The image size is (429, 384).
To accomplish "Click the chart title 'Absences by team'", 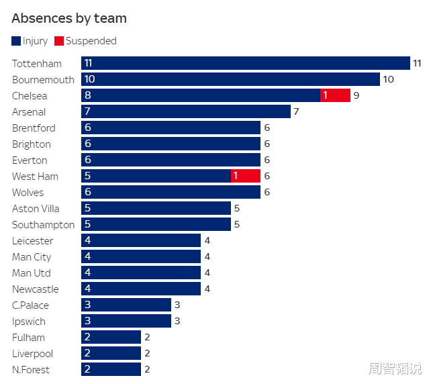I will tap(69, 18).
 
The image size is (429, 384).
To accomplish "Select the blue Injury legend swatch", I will tap(17, 41).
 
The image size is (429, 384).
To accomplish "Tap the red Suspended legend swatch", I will tap(59, 41).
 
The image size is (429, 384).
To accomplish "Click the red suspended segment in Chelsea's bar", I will tap(335, 95).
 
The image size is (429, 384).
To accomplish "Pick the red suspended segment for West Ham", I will tap(245, 176).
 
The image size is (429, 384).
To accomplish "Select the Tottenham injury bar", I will tap(245, 63).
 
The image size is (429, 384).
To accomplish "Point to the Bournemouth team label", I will tap(43, 79).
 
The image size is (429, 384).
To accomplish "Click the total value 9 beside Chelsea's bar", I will tap(356, 95).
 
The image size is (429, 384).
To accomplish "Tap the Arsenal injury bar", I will tap(186, 111).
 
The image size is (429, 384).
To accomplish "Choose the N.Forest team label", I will tap(31, 369).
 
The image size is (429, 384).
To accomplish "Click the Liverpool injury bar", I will tap(111, 353).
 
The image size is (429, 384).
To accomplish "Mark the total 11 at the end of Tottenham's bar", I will tap(417, 63).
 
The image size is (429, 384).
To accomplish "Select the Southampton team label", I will tap(43, 224).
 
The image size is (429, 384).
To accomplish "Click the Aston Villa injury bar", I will tap(156, 208).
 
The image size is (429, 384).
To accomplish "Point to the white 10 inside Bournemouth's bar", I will tap(89, 79).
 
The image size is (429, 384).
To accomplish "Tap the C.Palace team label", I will tap(30, 305).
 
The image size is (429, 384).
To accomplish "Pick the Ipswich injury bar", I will tap(126, 321).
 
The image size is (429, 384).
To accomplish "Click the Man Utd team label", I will tap(31, 273).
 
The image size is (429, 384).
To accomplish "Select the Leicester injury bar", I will tap(141, 240).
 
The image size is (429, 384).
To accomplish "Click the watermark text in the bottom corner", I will tap(394, 369).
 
